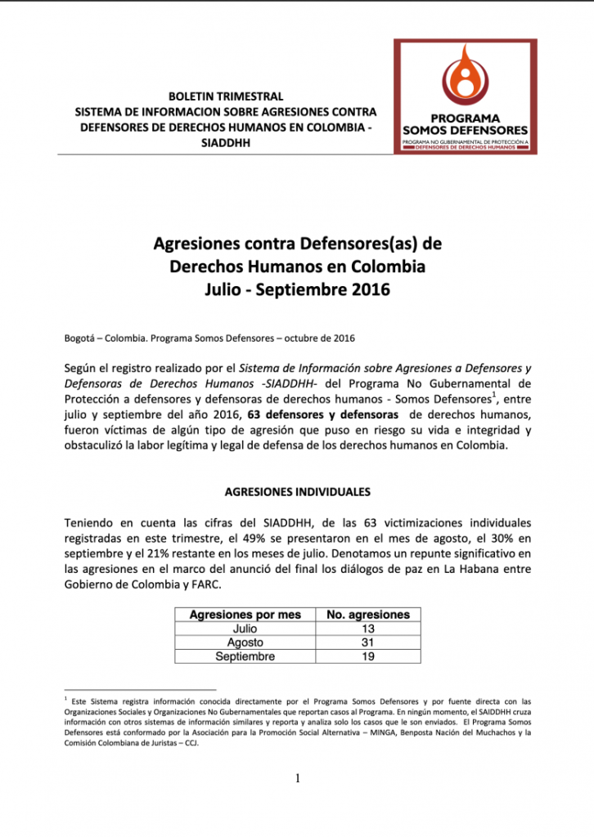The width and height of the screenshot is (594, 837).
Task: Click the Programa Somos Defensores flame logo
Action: click(x=465, y=78)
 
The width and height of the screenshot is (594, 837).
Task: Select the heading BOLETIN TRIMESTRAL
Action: click(x=225, y=96)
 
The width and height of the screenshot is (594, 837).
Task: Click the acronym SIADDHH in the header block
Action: click(x=225, y=143)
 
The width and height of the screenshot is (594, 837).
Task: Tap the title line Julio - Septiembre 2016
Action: click(x=297, y=289)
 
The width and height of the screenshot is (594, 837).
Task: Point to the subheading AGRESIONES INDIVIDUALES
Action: click(x=297, y=491)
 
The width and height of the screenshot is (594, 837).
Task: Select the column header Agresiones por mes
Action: click(x=245, y=615)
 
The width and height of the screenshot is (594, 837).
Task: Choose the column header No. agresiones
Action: click(x=367, y=615)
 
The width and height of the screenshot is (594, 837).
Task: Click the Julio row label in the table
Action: click(x=245, y=629)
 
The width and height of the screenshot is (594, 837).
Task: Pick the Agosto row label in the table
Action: click(x=245, y=642)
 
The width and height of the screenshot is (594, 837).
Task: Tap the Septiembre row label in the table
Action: click(x=245, y=656)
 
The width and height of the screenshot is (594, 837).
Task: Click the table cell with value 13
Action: click(x=367, y=629)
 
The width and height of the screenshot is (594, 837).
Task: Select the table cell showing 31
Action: click(x=367, y=642)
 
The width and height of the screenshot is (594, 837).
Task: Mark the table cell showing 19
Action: click(x=367, y=656)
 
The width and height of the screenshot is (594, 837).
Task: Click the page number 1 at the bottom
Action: click(x=298, y=778)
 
